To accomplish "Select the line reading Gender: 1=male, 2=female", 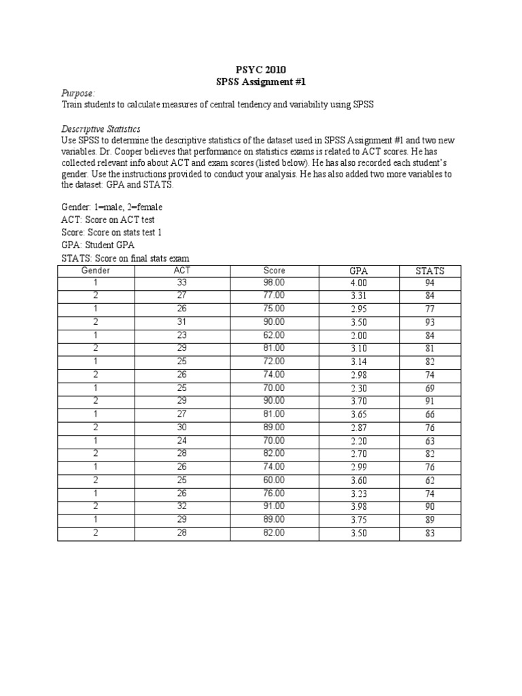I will (112, 207).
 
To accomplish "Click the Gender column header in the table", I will (96, 271).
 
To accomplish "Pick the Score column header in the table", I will (274, 271).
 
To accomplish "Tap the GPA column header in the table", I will (358, 271).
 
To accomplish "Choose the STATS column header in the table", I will (430, 271).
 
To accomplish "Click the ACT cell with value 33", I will (182, 283).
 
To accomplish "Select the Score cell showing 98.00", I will (274, 283).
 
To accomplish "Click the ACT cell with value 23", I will (182, 335).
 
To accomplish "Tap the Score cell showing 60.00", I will (274, 481).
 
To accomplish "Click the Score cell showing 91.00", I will (274, 507).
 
